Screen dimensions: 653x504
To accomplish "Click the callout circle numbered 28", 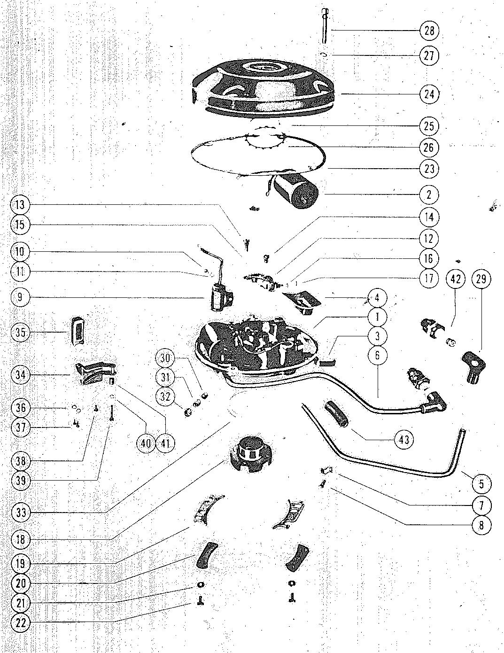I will pos(429,31).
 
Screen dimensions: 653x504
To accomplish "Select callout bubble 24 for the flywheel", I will pos(429,94).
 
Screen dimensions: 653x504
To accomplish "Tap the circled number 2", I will pos(429,194).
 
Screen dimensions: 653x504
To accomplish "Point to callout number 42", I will pos(456,279).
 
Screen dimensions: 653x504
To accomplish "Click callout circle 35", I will pos(21,333).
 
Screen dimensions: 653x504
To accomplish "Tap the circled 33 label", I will pos(21,513).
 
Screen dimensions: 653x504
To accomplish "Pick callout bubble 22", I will pos(21,623).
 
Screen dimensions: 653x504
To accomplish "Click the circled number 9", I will pos(21,297).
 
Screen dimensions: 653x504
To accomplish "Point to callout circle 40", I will pos(147,443).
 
